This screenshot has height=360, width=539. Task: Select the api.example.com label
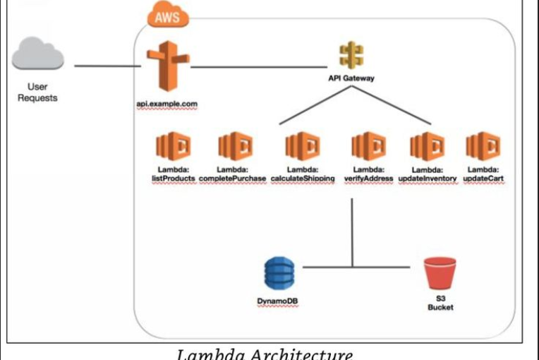167,104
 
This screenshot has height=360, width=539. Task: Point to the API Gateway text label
350,78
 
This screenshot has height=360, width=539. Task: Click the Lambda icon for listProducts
173,147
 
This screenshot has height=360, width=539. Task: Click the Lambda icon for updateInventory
428,147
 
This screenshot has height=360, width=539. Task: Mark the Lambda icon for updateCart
483,147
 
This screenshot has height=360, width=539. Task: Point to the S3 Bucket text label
440,303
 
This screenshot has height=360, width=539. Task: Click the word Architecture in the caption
303,353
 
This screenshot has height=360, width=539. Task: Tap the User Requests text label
37,92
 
